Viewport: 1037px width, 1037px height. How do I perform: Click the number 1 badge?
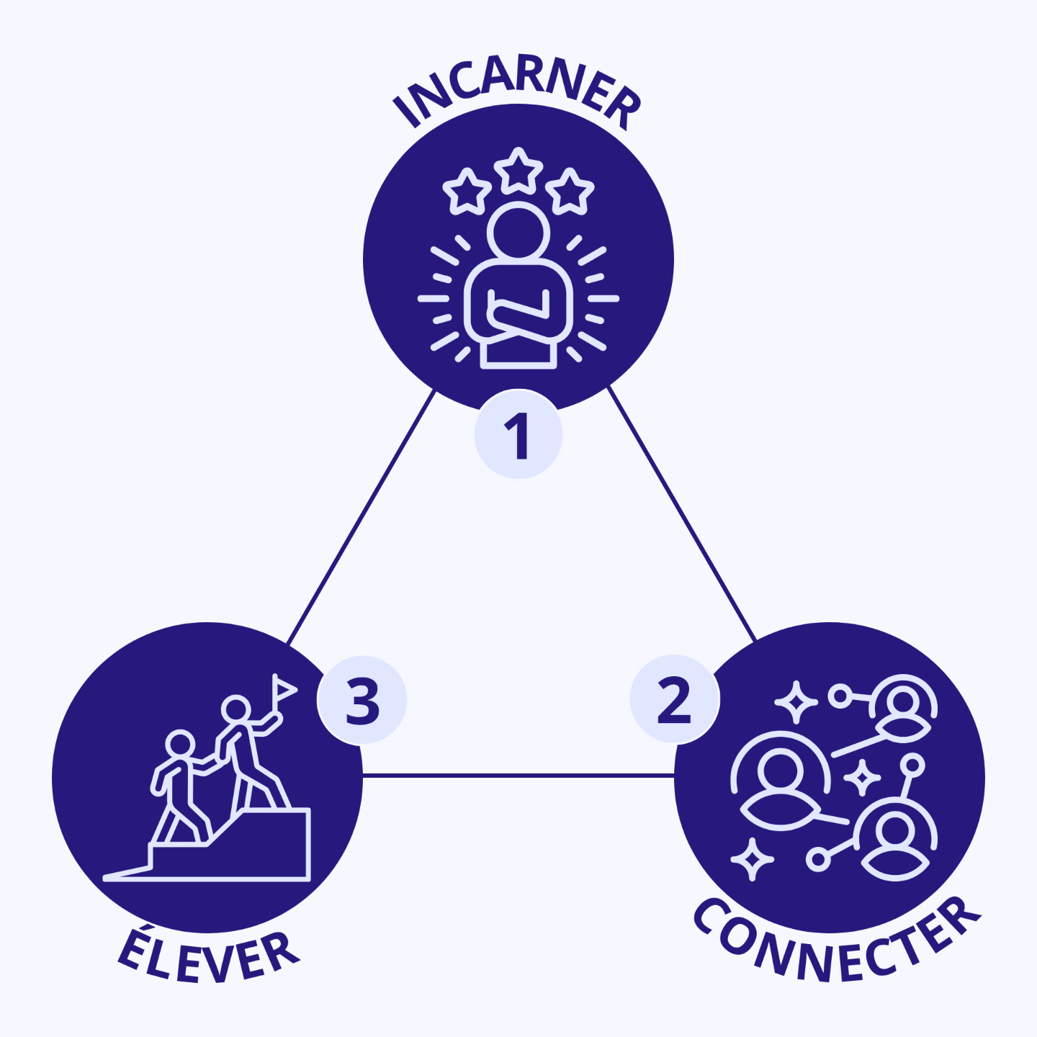[518, 436]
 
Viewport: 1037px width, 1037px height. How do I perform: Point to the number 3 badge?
[362, 700]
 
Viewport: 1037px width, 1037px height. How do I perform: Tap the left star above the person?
[467, 192]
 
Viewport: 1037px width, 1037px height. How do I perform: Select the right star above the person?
[570, 192]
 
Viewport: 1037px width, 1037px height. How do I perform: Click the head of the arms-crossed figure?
[518, 232]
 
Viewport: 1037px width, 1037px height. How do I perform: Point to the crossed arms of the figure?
[518, 317]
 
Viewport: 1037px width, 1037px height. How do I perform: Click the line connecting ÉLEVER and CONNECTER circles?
[518, 776]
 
